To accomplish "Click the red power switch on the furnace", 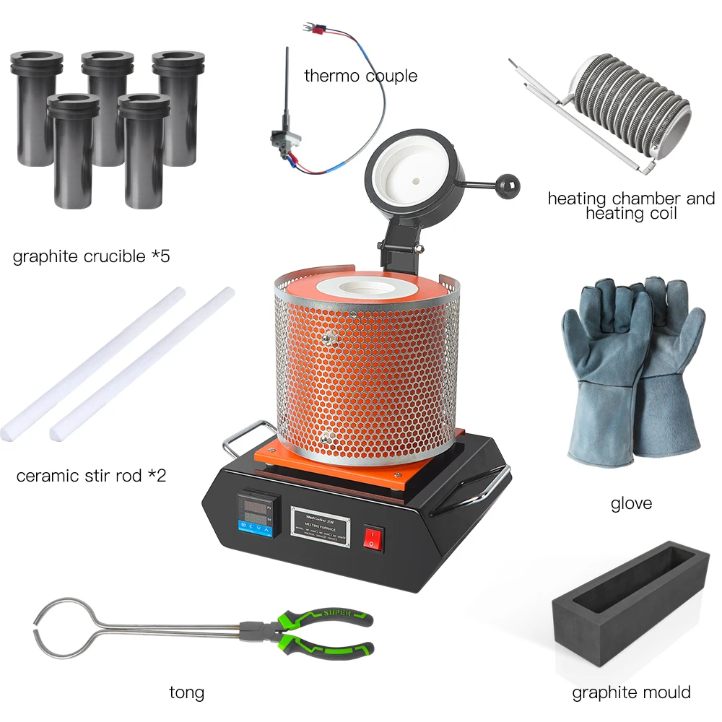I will click(x=373, y=536).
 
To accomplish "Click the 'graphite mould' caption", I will click(x=631, y=693).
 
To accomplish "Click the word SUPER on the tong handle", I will click(x=339, y=615).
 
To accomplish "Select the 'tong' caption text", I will click(x=186, y=693).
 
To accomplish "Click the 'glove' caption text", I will click(x=631, y=503).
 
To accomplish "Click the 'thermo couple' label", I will click(x=360, y=76).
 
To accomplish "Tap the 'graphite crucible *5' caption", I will click(x=92, y=256).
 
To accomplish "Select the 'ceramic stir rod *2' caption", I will click(x=91, y=476).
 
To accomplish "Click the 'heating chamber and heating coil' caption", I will click(x=631, y=206).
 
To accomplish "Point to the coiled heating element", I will click(x=628, y=108).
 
